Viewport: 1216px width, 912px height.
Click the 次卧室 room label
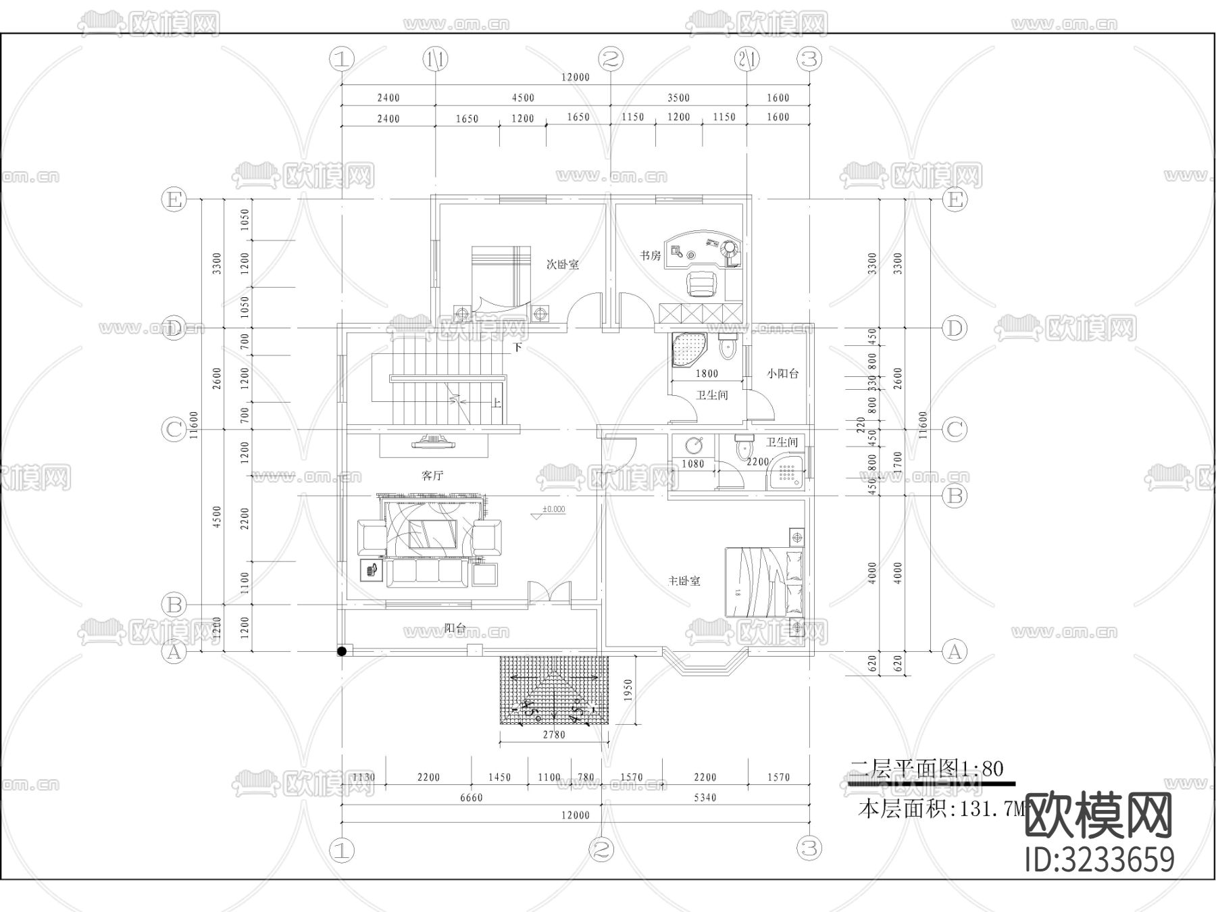coord(562,265)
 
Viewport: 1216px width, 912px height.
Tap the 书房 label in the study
coord(650,256)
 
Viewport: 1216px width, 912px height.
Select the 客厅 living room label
coord(432,476)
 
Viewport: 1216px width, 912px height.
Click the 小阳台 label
coord(782,374)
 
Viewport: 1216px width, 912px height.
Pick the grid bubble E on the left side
coord(174,200)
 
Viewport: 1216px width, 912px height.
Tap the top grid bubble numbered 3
coord(809,59)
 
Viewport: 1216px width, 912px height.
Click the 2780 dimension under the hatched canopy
coord(554,735)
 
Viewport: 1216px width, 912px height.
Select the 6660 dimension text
coord(471,798)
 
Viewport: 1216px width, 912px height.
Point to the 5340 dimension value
coord(705,798)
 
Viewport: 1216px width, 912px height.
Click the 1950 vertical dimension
coord(628,691)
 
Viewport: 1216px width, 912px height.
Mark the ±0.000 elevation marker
coord(553,510)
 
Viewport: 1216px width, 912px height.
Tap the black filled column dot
coord(343,651)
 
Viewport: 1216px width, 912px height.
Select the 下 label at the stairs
coord(517,349)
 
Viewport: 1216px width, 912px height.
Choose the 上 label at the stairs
coord(497,403)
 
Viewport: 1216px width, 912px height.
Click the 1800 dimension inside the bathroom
coord(707,374)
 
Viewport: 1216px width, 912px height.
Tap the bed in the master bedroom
coord(765,582)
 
